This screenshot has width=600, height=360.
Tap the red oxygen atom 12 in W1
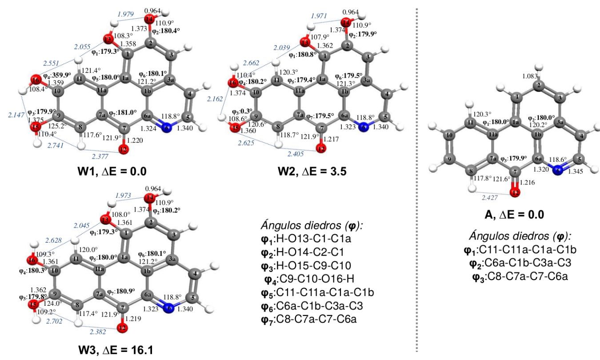(x=124, y=149)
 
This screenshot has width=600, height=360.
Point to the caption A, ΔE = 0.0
(x=514, y=216)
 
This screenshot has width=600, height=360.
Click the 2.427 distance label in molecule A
(x=490, y=199)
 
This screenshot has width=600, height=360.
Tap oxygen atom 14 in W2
(x=345, y=22)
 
